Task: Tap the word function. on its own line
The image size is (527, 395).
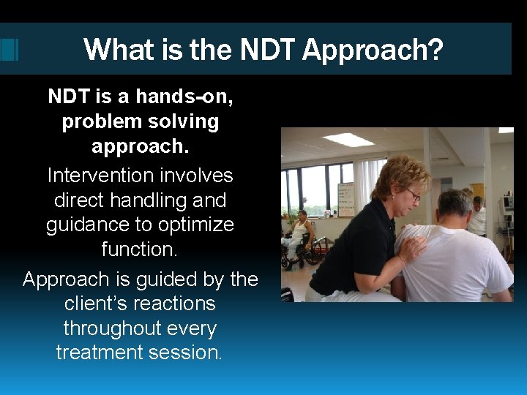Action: pos(140,248)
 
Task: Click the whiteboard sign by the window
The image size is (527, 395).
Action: pos(345,197)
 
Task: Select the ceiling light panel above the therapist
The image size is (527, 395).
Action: pos(348,139)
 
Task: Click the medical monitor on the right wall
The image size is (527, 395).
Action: pos(505,204)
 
